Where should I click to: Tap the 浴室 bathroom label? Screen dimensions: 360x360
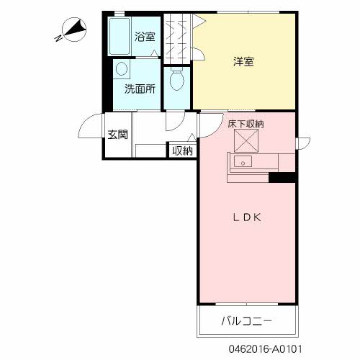pyautogui.click(x=145, y=36)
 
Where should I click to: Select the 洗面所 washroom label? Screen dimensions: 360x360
pyautogui.click(x=140, y=89)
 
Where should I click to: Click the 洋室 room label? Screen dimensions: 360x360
pyautogui.click(x=243, y=61)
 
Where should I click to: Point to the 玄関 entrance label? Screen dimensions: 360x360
pyautogui.click(x=118, y=134)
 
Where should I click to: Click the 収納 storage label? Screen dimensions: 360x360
pyautogui.click(x=182, y=150)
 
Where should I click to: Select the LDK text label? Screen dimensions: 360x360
pyautogui.click(x=245, y=217)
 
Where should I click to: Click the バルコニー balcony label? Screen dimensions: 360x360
pyautogui.click(x=247, y=320)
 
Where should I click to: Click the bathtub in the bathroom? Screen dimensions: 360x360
pyautogui.click(x=120, y=36)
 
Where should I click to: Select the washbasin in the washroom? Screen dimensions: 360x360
pyautogui.click(x=121, y=70)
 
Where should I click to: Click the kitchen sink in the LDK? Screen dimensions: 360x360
pyautogui.click(x=243, y=162)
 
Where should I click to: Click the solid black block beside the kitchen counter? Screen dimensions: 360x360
pyautogui.click(x=283, y=178)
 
